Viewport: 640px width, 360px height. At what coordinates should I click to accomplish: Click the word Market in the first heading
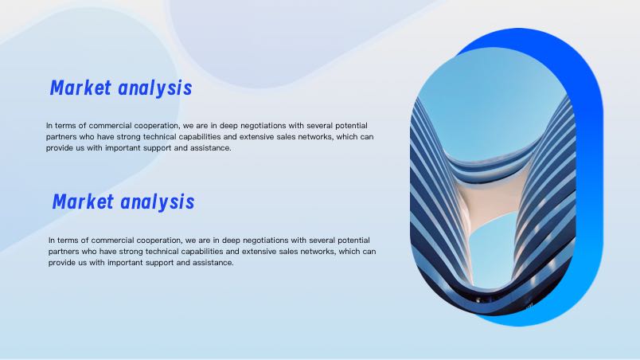[80, 88]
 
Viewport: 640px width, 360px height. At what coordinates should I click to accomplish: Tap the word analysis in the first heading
[155, 88]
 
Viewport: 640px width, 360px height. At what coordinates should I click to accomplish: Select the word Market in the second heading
[83, 202]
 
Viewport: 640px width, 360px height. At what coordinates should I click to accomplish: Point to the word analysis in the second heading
[158, 202]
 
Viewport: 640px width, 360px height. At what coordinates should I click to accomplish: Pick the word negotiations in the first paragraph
[263, 126]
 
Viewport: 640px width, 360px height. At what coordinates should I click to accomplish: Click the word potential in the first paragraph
[351, 126]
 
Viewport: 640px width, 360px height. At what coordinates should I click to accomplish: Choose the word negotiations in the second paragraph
[266, 241]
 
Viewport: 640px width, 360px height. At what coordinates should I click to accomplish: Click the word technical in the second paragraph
[162, 252]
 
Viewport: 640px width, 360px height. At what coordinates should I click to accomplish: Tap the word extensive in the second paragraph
[260, 252]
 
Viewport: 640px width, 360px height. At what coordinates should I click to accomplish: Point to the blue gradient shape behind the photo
[587, 163]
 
